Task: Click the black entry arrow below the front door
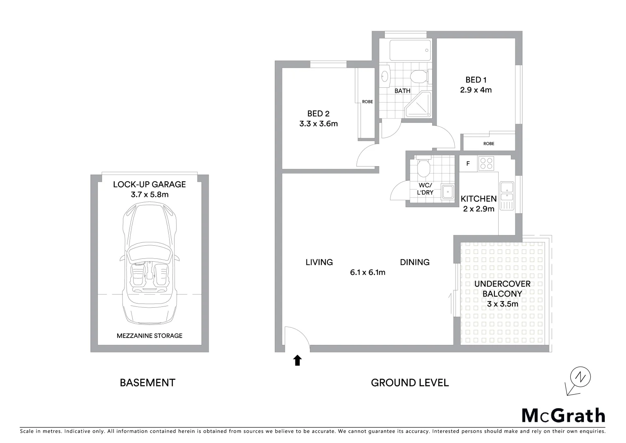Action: click(x=297, y=360)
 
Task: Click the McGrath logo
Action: click(x=563, y=416)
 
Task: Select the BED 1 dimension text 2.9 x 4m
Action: click(x=476, y=90)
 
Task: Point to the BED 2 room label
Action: click(x=318, y=114)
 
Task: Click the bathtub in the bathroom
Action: click(x=410, y=50)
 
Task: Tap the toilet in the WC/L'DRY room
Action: click(x=423, y=167)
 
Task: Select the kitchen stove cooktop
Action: click(x=486, y=163)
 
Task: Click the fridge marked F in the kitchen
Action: click(x=468, y=164)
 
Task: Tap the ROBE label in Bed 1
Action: click(x=488, y=144)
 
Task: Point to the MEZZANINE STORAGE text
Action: click(x=150, y=336)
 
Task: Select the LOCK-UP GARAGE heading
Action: click(x=150, y=185)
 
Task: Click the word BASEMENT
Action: click(x=147, y=383)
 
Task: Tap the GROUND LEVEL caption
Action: click(x=410, y=383)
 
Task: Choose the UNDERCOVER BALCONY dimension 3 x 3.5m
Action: click(x=502, y=304)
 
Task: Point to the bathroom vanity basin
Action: click(x=385, y=76)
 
